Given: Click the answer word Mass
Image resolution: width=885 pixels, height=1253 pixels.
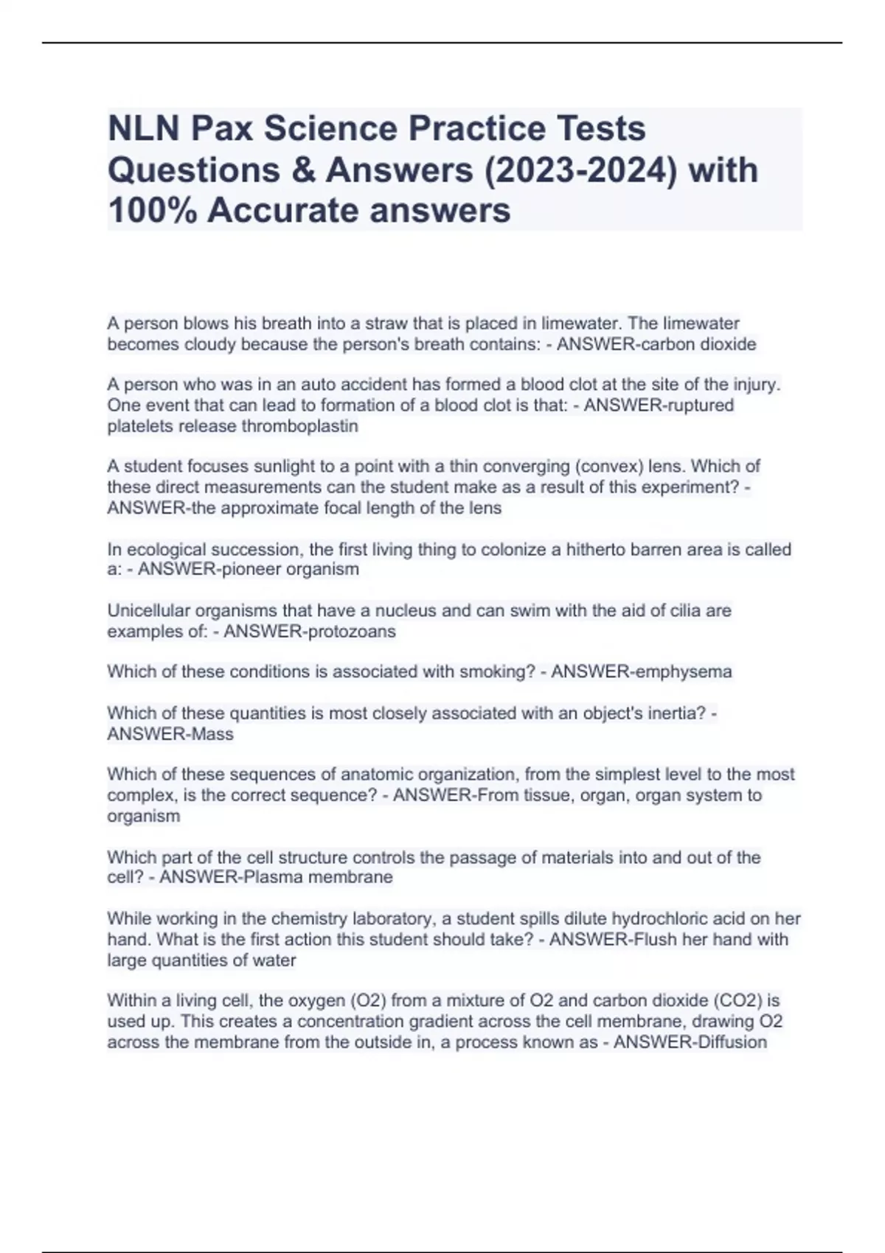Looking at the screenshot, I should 212,734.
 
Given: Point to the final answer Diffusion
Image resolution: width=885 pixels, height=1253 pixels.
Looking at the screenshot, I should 727,1042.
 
